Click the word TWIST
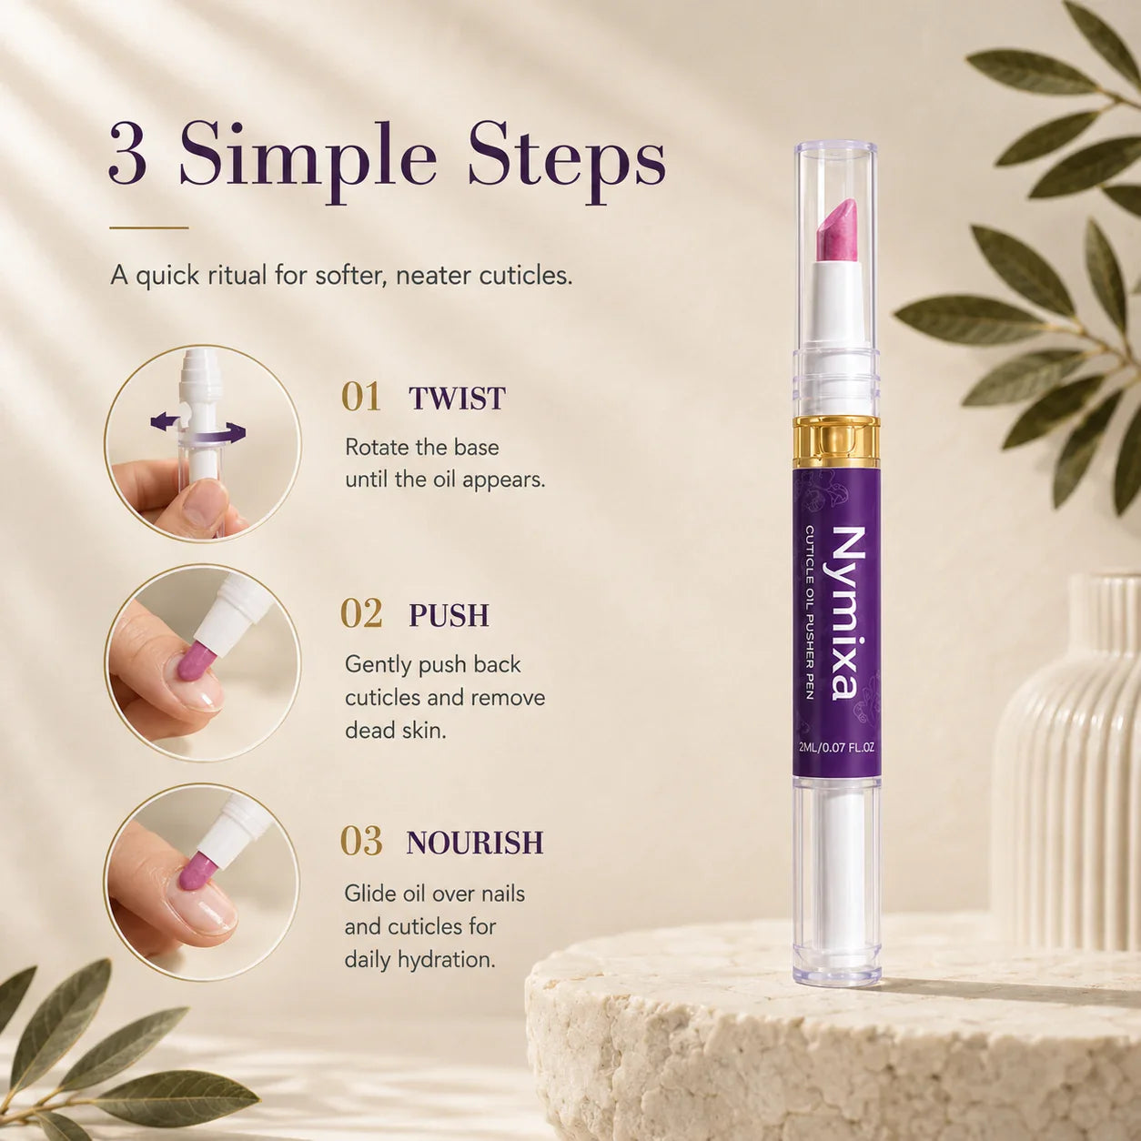point(457,398)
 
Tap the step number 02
point(361,614)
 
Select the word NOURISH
point(474,843)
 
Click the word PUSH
point(449,615)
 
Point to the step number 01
point(361,397)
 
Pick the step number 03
point(361,842)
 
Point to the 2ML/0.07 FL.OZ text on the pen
point(836,748)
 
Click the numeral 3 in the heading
point(128,160)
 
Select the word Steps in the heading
point(567,163)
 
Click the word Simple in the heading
point(308,163)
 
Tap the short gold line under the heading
point(149,227)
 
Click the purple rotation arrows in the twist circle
point(198,429)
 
